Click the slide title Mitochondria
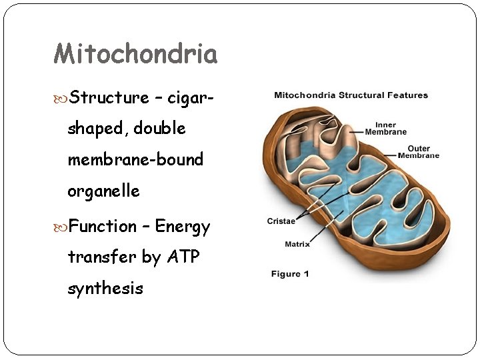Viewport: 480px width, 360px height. (x=135, y=54)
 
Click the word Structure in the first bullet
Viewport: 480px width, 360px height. (x=109, y=98)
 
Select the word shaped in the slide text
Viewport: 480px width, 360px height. (x=95, y=129)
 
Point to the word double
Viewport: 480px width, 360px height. (x=159, y=128)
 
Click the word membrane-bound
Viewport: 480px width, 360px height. (x=135, y=160)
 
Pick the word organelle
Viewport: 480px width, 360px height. (x=103, y=191)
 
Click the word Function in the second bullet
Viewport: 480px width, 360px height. (x=103, y=227)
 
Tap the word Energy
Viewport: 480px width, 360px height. (x=183, y=227)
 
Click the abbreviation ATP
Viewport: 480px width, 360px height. (x=181, y=257)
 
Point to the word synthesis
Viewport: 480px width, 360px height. (x=105, y=289)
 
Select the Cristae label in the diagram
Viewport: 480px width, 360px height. (x=281, y=221)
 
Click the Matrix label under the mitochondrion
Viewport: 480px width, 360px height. (x=297, y=244)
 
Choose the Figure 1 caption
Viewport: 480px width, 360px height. (x=290, y=274)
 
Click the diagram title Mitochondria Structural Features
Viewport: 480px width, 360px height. (x=351, y=95)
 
